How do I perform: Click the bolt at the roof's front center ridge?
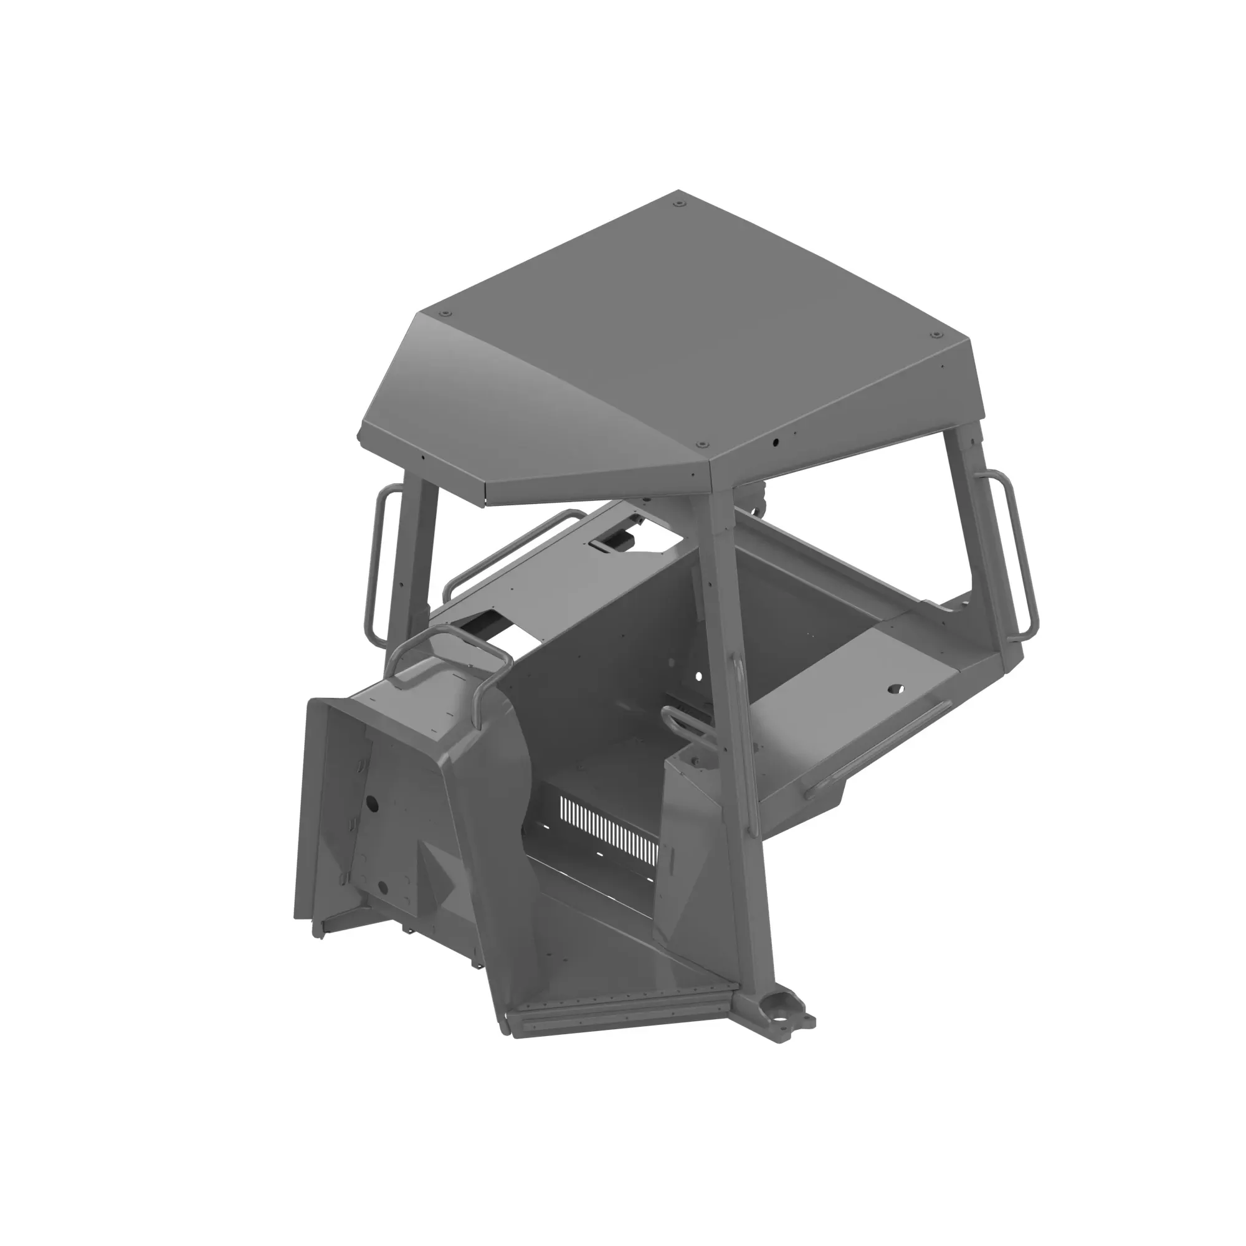(x=702, y=444)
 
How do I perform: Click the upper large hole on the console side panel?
(x=371, y=804)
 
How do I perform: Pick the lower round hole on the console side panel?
(x=382, y=886)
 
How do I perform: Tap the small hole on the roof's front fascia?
(x=776, y=443)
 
